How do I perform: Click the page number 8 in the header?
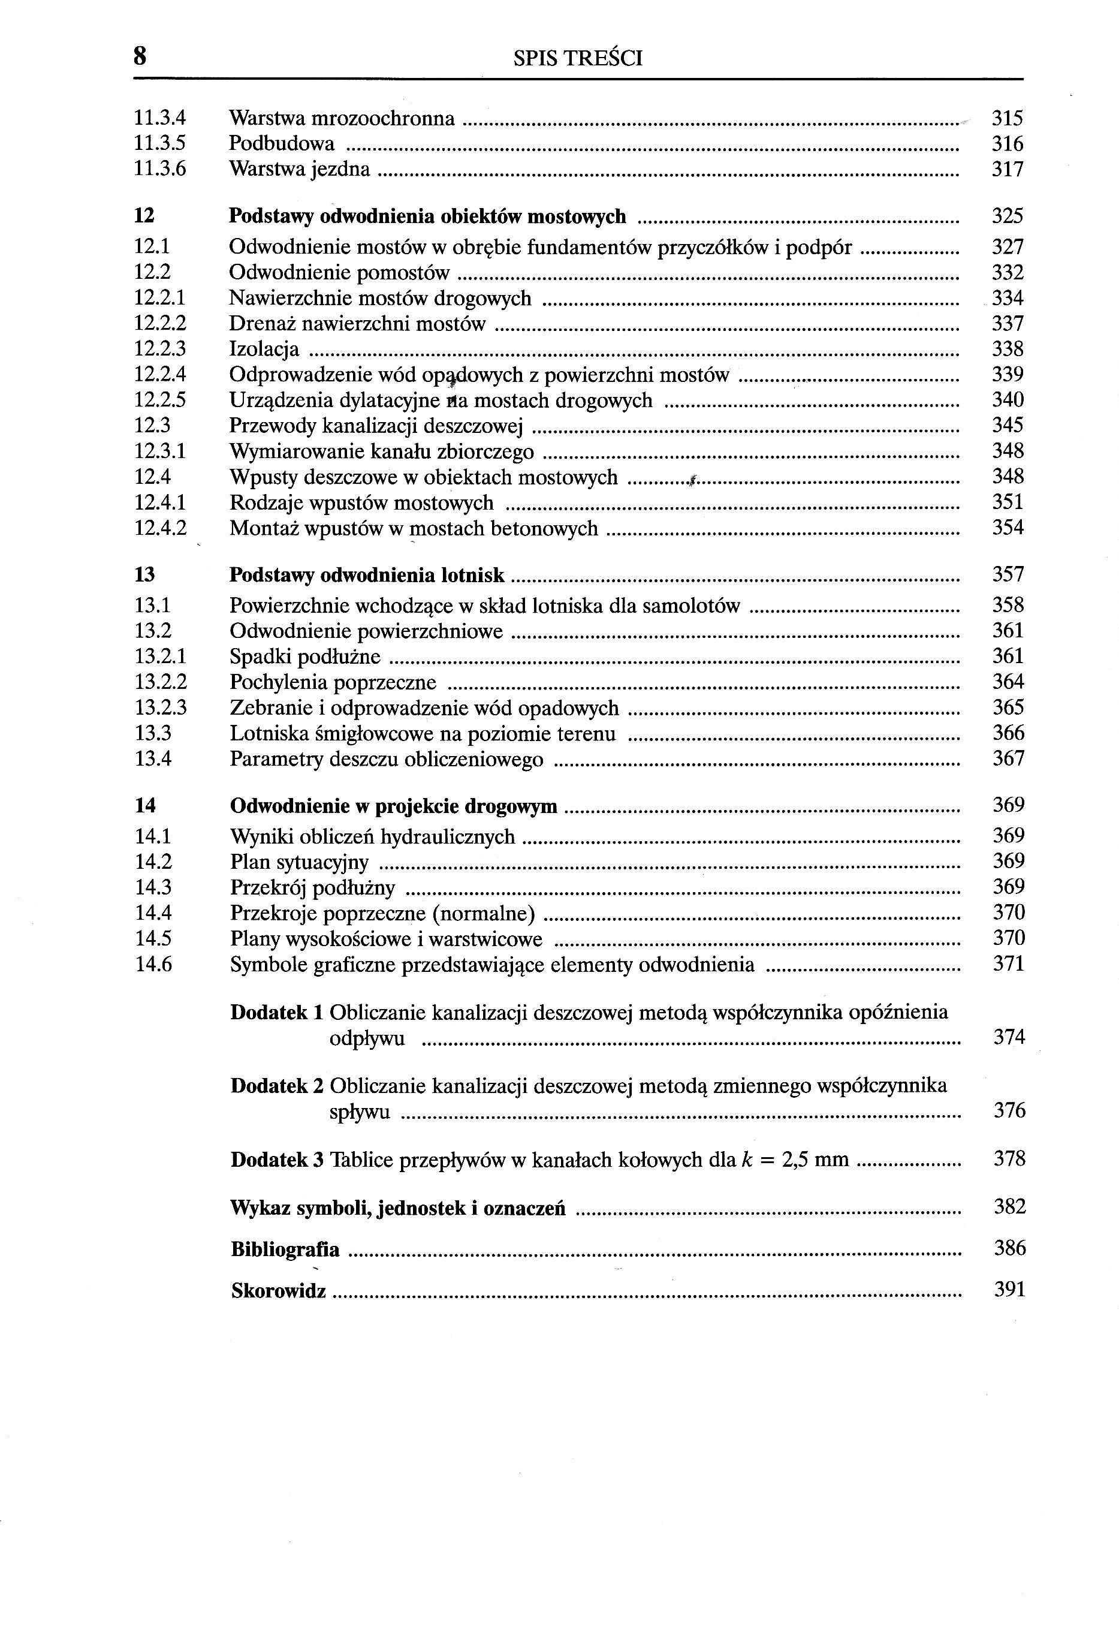tap(140, 56)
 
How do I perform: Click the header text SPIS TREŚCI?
tap(578, 58)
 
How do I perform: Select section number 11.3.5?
tap(159, 144)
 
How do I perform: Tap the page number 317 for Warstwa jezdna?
tap(1008, 170)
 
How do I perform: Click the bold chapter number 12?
tap(144, 216)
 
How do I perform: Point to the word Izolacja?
tap(264, 350)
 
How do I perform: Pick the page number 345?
tap(1008, 425)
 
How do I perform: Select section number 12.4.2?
tap(160, 528)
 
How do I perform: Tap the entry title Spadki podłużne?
tap(305, 657)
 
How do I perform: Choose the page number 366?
tap(1008, 733)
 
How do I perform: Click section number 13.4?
tap(153, 759)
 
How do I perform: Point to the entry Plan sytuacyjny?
tap(299, 862)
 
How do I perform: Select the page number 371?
tap(1008, 964)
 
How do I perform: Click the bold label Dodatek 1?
tap(277, 1013)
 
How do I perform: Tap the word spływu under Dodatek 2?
tap(360, 1113)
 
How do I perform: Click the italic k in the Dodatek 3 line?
tap(744, 1160)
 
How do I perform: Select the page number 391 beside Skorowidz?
tap(1009, 1290)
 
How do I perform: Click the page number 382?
tap(1009, 1207)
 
